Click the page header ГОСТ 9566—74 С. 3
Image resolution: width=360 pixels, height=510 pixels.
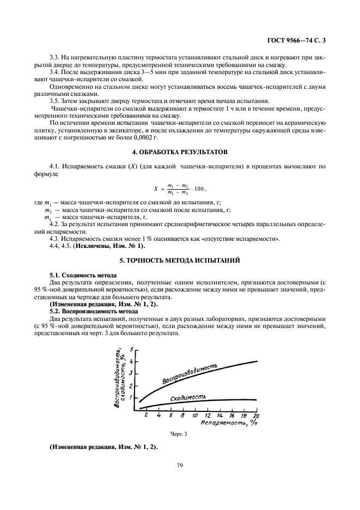coord(300,40)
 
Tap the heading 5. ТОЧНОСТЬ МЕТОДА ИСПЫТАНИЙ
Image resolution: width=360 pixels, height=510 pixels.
coord(179,260)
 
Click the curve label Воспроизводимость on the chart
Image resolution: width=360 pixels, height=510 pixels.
coord(191,375)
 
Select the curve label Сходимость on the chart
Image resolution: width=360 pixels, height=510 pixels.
coord(188,398)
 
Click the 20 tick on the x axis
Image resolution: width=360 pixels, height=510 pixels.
coord(256,415)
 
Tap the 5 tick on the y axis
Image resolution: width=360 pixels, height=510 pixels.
coord(131,349)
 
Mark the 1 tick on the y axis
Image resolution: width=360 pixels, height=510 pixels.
coord(131,398)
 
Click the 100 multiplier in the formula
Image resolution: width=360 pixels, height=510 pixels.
coord(198,189)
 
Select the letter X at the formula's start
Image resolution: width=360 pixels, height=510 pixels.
coord(155,189)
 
